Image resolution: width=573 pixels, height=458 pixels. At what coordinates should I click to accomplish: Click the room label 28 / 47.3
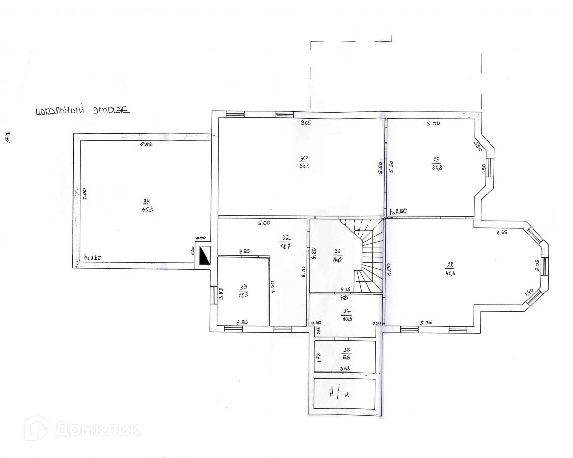tap(450, 268)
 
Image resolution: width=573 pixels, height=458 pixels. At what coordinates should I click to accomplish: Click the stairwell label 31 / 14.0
tap(336, 254)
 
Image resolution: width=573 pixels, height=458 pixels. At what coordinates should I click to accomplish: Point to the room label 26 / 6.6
tap(346, 354)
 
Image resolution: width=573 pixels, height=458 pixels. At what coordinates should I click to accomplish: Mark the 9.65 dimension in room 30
tap(305, 123)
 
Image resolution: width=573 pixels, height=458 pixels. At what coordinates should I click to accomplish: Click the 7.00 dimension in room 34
tap(85, 194)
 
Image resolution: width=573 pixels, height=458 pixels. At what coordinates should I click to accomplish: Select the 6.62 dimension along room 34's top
tap(147, 145)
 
